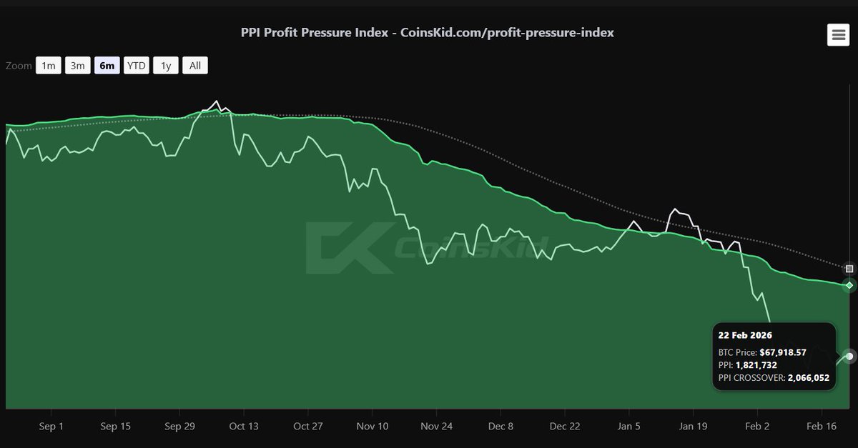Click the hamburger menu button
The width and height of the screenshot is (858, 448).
click(838, 34)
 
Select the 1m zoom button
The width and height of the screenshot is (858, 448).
click(48, 66)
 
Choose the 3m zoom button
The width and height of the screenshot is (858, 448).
click(77, 66)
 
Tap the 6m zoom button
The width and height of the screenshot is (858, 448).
click(107, 66)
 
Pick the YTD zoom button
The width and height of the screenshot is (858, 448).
click(136, 66)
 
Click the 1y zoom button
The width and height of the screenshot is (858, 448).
click(166, 66)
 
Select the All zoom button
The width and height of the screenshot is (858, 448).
click(195, 66)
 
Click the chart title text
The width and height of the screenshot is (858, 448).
click(427, 33)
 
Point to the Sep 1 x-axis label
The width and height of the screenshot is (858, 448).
click(51, 427)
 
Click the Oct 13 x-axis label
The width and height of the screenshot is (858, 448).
click(244, 427)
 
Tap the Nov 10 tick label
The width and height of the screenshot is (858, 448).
click(373, 427)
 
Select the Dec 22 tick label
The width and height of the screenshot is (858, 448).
click(565, 427)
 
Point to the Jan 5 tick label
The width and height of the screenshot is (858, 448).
click(629, 427)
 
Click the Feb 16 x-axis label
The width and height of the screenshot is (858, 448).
click(822, 427)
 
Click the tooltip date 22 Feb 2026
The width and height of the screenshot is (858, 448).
click(745, 335)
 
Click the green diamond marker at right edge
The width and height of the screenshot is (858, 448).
click(849, 286)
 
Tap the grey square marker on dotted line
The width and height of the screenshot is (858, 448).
click(849, 269)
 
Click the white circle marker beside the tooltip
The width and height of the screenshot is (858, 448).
click(849, 356)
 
